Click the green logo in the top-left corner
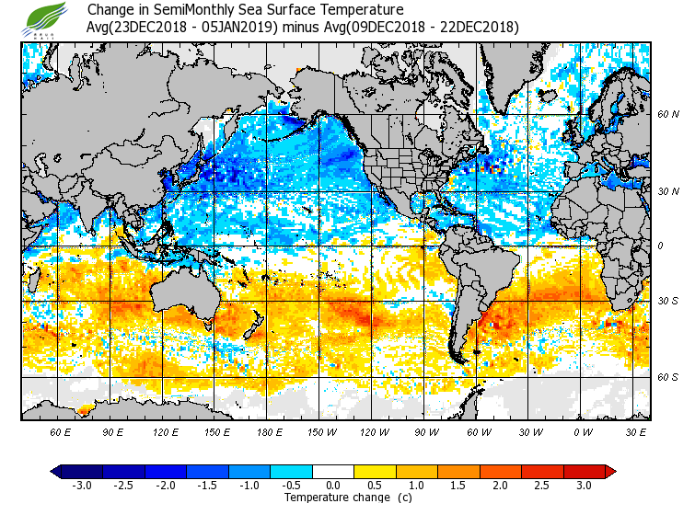[44, 18]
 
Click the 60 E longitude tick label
[60, 431]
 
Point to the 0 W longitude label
[582, 431]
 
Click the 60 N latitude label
[668, 115]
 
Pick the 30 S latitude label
[668, 302]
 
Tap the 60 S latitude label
[668, 378]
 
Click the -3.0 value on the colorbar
[81, 485]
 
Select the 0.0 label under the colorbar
[332, 485]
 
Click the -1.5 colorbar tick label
[207, 485]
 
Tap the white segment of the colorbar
[332, 471]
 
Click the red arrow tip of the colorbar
[610, 471]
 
